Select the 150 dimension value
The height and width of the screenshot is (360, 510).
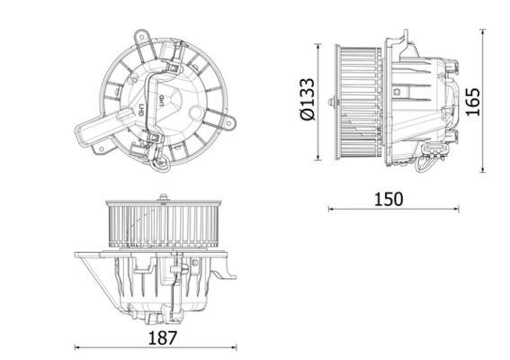[x=389, y=199]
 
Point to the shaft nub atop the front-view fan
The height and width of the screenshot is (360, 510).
[x=162, y=196]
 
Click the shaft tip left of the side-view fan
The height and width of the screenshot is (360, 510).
[x=332, y=103]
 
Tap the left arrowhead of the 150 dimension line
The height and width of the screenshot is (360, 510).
[x=330, y=208]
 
